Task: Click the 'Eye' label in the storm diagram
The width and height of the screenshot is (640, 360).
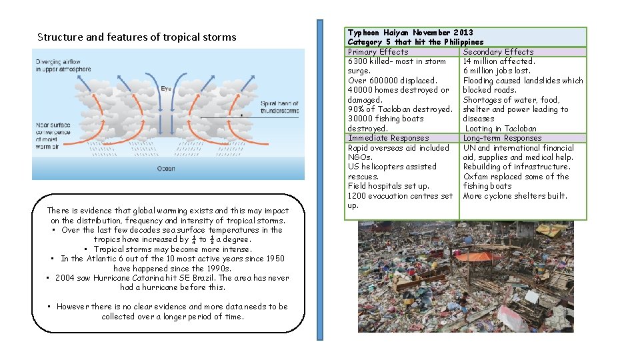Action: coord(166,88)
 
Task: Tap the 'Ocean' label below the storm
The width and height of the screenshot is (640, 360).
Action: coord(166,169)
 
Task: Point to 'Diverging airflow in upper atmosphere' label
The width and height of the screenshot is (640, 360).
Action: coord(63,65)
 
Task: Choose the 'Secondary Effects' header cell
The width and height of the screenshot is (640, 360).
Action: coord(498,51)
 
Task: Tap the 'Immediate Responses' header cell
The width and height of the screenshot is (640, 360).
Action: coord(388,138)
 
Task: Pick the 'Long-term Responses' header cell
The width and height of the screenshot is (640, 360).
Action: coord(502,138)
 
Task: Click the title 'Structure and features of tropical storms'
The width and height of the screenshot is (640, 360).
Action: coord(137,37)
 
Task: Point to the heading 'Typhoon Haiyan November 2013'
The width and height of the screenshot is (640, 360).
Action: coord(410,32)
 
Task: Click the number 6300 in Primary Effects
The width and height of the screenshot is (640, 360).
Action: coord(359,61)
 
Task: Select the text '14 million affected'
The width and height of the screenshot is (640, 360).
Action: coord(499,61)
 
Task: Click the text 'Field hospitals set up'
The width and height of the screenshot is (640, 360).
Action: coord(389,186)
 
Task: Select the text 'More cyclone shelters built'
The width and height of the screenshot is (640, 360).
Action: coord(515,196)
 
